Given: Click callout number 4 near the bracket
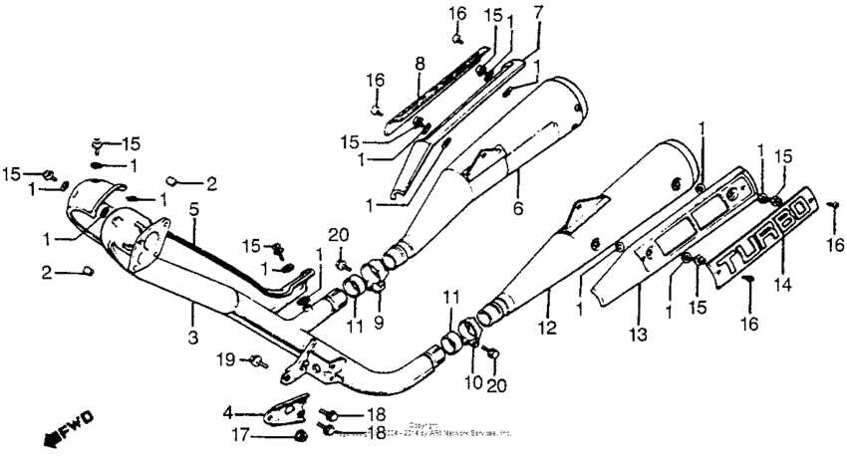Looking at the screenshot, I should click(227, 409).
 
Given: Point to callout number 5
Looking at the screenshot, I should click(194, 210).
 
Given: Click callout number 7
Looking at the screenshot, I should click(538, 13).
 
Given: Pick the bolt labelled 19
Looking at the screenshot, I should click(258, 359).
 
